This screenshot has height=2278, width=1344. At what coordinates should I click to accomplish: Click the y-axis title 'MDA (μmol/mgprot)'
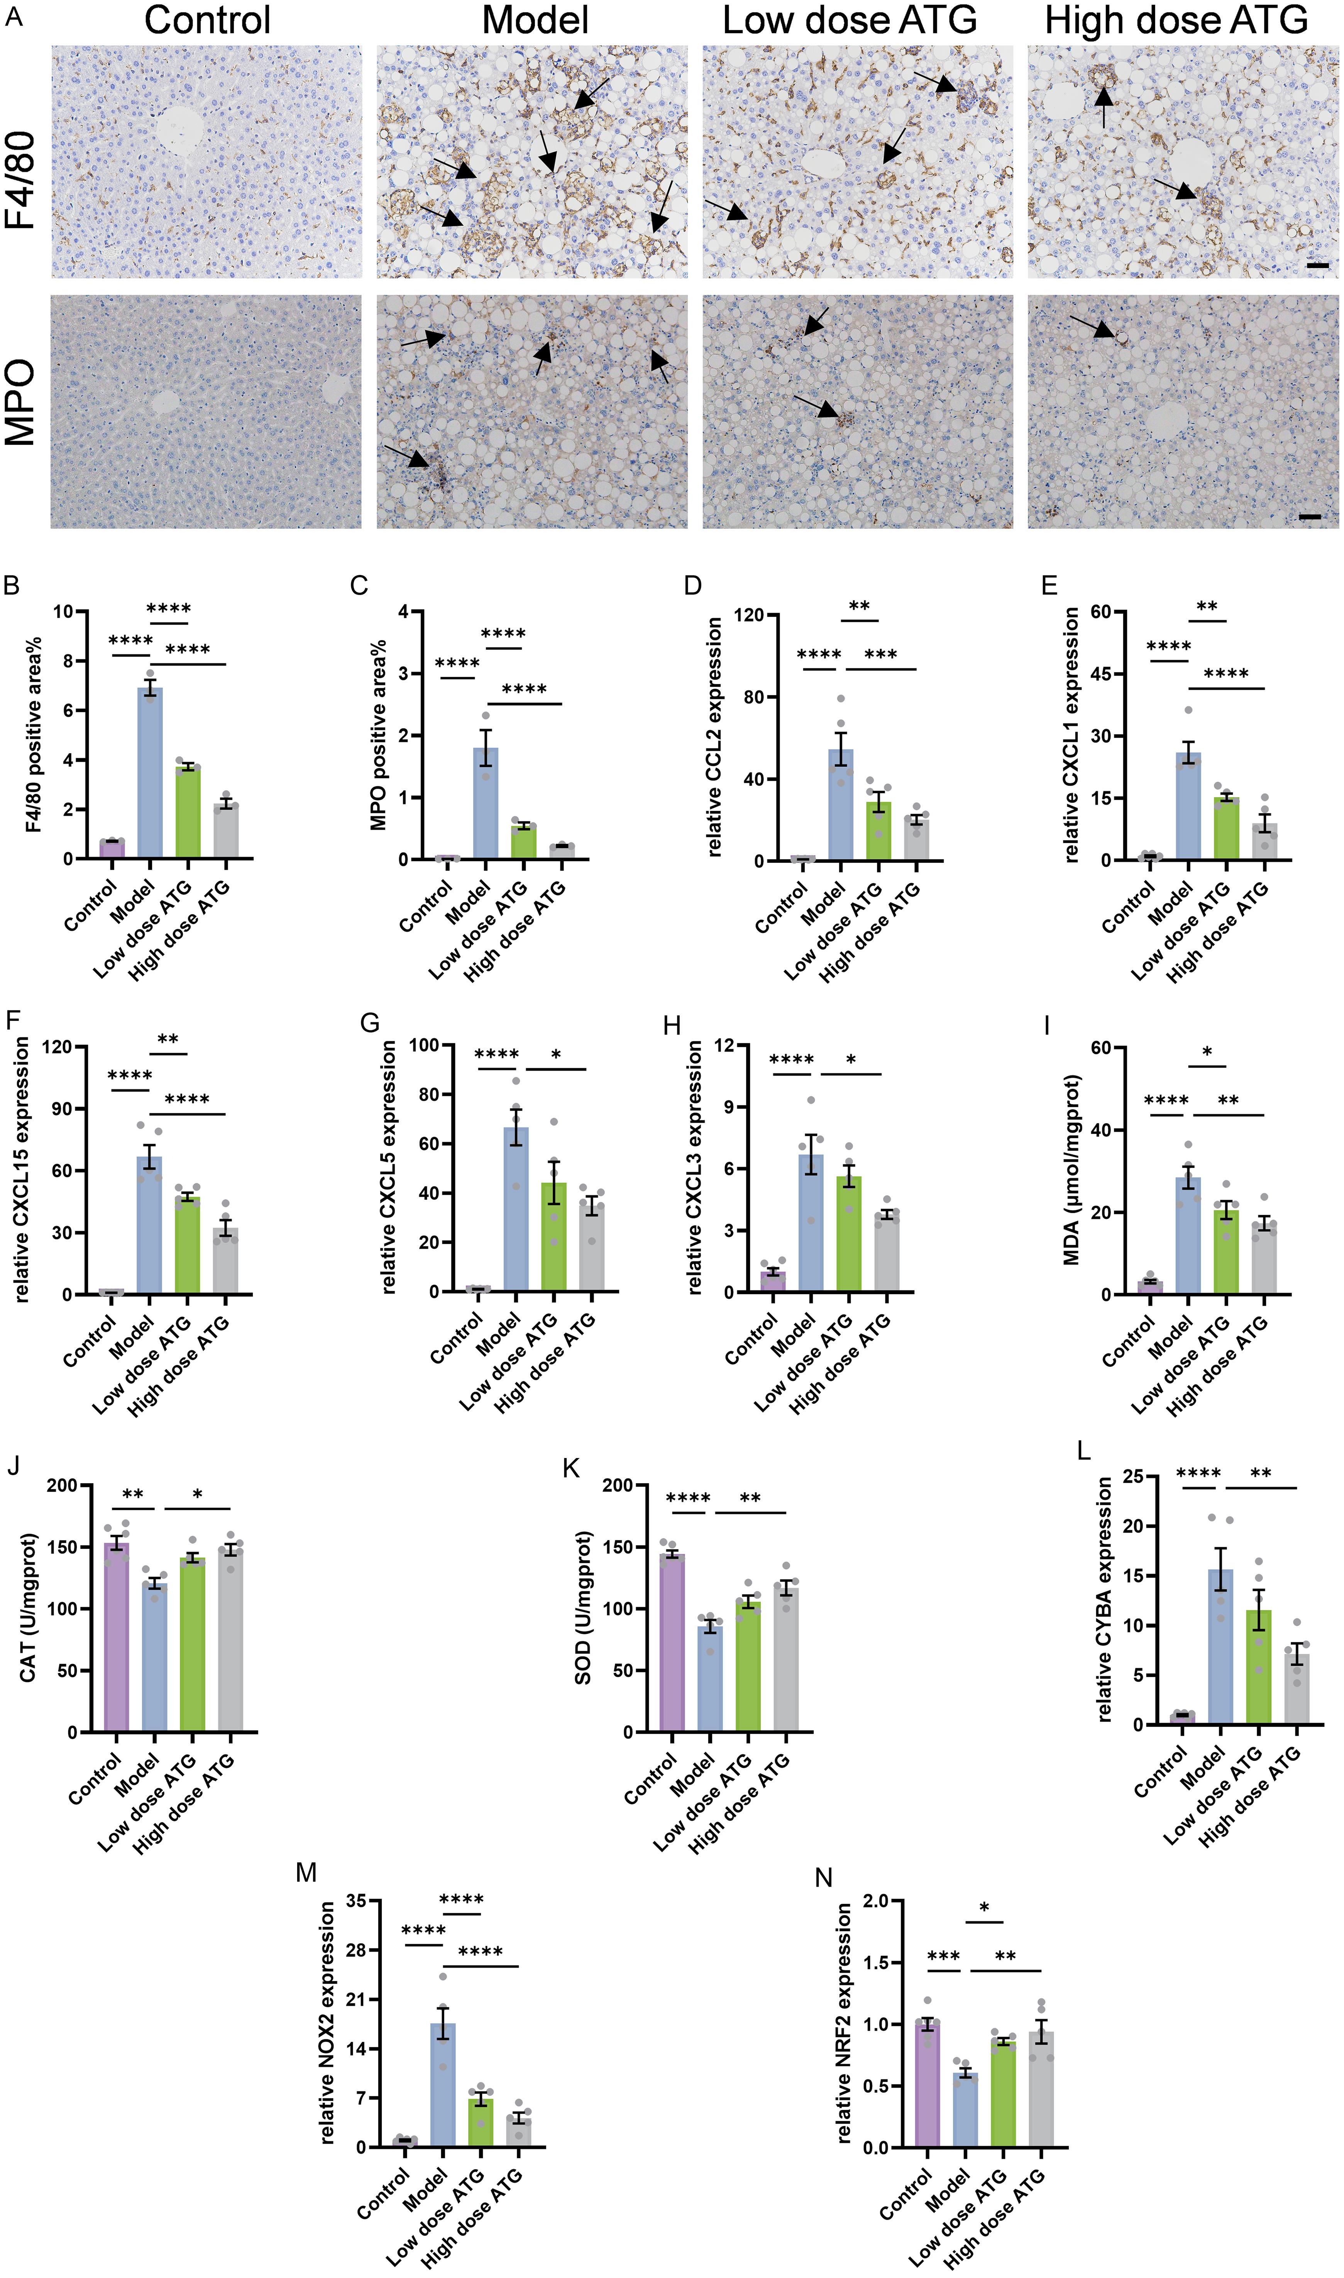point(1071,1169)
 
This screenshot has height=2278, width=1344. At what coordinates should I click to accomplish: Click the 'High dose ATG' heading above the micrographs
point(1176,20)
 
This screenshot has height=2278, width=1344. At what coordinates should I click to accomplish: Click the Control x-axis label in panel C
point(426,908)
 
